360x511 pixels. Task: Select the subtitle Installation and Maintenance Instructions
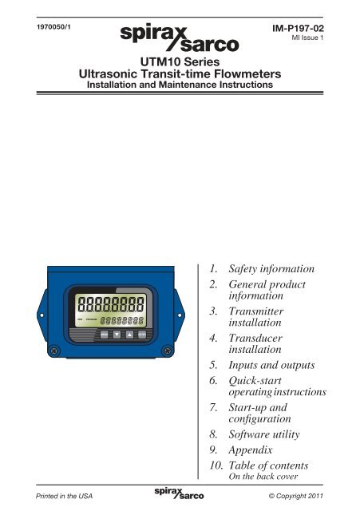coord(180,86)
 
